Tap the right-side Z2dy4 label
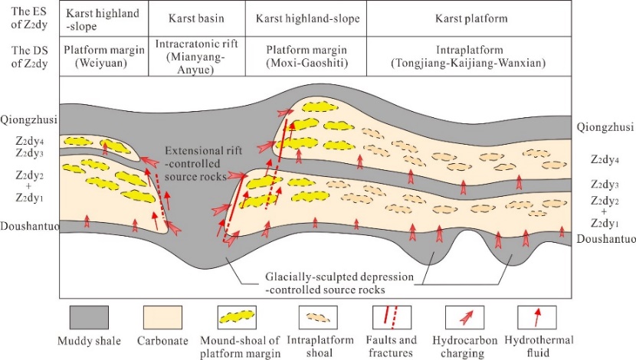(x=606, y=159)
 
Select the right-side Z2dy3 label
(x=606, y=185)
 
